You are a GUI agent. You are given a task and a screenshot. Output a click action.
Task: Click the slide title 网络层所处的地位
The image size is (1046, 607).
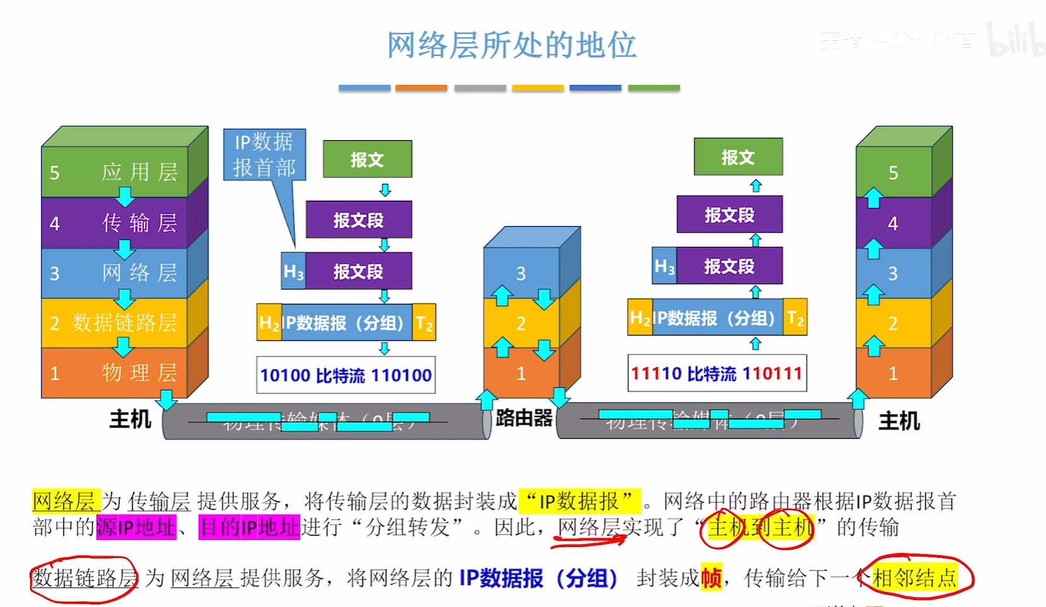point(511,45)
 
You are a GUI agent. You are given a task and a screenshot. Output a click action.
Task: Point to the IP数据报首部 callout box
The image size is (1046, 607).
point(264,155)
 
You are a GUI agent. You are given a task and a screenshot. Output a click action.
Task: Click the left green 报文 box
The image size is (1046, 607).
point(367,159)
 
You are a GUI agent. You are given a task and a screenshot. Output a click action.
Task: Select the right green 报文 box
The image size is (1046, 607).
point(738,156)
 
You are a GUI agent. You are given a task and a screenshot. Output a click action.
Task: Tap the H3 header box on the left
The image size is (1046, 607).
point(294,271)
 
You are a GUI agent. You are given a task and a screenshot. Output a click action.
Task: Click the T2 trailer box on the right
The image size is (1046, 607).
point(795,317)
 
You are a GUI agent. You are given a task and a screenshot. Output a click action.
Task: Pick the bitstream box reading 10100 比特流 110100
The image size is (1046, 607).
point(346,375)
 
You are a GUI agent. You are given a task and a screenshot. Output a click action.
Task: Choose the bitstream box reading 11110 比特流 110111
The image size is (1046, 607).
point(717,374)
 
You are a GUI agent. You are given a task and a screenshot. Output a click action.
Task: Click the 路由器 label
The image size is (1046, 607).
point(524,418)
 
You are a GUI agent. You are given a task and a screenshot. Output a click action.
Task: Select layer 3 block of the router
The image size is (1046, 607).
point(521,273)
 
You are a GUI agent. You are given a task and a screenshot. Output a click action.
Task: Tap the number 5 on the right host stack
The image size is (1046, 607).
point(893,172)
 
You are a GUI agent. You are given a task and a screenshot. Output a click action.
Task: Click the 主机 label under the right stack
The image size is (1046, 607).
point(899,421)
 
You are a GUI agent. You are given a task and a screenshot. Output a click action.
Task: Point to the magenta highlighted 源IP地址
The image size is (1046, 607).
point(136,527)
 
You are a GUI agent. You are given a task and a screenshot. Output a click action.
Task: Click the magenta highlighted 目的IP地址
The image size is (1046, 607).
point(249,527)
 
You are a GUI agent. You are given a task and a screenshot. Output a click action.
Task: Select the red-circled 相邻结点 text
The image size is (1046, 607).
point(915,577)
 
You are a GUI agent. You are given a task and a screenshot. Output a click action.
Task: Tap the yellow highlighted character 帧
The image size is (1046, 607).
point(711,577)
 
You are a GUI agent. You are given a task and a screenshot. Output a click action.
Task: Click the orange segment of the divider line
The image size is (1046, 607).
point(421,88)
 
